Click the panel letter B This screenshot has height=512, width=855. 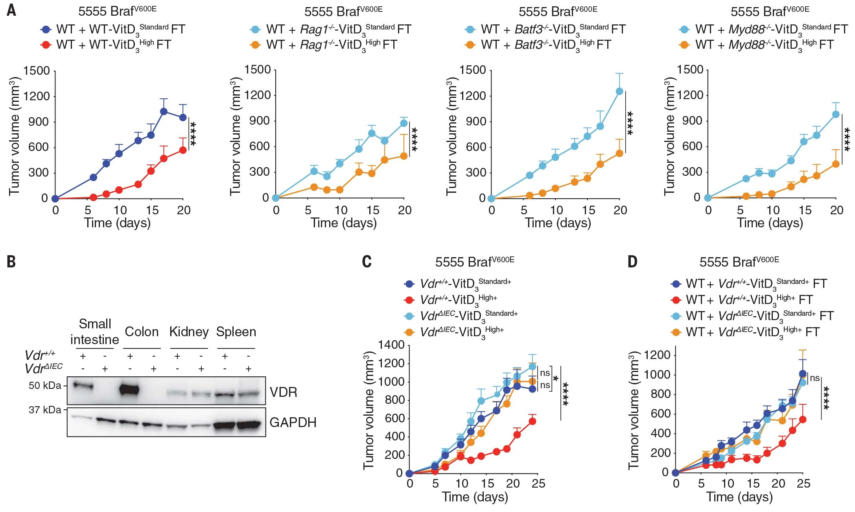click(11, 262)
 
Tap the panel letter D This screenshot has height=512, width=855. click(632, 262)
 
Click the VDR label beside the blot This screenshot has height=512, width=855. click(283, 392)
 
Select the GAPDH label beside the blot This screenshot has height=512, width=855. click(293, 422)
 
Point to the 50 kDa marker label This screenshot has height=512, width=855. click(45, 385)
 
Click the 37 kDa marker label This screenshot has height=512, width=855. click(45, 410)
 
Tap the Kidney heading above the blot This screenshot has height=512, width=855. click(189, 332)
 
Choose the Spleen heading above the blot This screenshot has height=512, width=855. click(236, 332)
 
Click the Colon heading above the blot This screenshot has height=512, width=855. click(142, 332)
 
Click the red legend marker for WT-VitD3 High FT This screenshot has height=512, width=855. click(46, 44)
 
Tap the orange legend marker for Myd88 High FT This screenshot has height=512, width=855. click(685, 44)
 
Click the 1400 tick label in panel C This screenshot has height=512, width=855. click(391, 345)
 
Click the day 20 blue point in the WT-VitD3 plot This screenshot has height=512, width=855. click(183, 117)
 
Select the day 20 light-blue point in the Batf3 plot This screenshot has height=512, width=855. click(619, 91)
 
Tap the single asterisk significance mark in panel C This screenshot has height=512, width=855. click(556, 379)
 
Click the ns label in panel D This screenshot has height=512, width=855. click(814, 378)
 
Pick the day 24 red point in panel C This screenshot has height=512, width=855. click(533, 421)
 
